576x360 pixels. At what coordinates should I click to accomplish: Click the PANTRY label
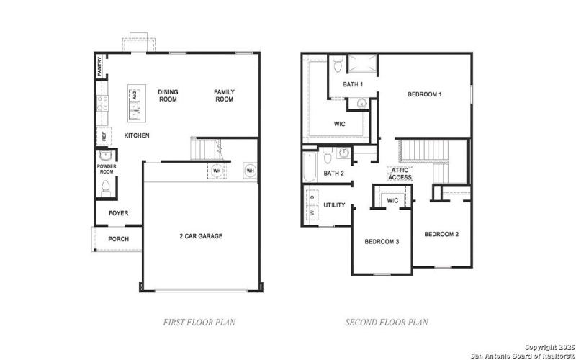tap(99, 66)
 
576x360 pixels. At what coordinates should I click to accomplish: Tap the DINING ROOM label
tap(168, 96)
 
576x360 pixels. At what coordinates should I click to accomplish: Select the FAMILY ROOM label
tap(224, 96)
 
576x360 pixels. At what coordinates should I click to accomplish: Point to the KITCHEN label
tap(137, 135)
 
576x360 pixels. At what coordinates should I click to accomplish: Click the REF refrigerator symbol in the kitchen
tap(103, 135)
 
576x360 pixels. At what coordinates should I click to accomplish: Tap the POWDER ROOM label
tap(106, 169)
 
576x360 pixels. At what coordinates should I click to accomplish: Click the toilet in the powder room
tap(106, 187)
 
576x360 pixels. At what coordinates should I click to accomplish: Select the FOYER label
tap(119, 213)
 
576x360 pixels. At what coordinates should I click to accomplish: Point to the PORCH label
tap(118, 239)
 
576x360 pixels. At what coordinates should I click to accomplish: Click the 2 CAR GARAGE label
tap(201, 236)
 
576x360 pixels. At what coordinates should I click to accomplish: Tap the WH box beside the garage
tap(250, 170)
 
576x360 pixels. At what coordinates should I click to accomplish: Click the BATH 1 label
tap(353, 85)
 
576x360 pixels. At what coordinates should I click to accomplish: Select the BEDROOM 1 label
tap(424, 94)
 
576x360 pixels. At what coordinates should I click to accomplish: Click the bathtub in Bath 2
tap(310, 166)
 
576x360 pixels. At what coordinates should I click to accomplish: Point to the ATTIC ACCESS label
tap(400, 174)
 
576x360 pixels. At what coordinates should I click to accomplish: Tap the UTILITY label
tap(334, 205)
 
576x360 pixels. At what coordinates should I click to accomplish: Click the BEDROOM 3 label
tap(382, 242)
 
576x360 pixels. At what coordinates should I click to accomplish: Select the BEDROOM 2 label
tap(441, 234)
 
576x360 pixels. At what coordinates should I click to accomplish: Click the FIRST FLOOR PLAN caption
tap(199, 323)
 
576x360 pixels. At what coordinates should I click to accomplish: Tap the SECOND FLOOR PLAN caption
tap(387, 323)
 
